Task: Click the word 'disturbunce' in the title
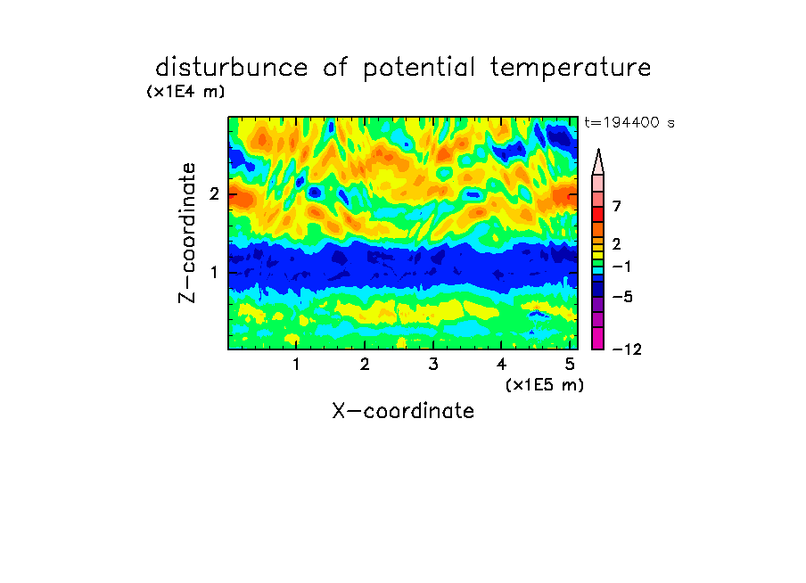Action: tap(231, 68)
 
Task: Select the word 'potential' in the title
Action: tap(419, 69)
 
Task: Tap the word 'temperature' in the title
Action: tap(571, 68)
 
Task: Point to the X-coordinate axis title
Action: tap(403, 411)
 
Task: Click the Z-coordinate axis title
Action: tap(186, 233)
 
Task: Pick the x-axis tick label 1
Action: tap(296, 364)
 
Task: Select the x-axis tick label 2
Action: tap(365, 364)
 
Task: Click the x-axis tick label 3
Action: tap(433, 364)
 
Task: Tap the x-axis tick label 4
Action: tap(501, 364)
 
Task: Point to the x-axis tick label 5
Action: tap(570, 364)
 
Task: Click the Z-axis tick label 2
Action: tap(214, 194)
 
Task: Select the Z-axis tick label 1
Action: tap(214, 272)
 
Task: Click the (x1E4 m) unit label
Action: tap(185, 92)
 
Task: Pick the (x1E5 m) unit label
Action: tap(545, 385)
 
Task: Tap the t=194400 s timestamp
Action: tap(629, 122)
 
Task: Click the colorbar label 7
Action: tap(617, 206)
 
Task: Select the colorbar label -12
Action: tap(627, 349)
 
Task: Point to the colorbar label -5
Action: tap(622, 297)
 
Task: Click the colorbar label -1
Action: tap(621, 267)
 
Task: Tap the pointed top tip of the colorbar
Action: tap(598, 150)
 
